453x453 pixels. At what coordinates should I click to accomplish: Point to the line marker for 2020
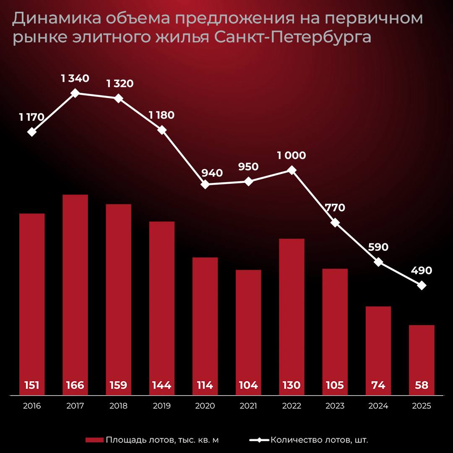[205, 184]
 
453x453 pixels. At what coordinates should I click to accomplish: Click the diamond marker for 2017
[75, 93]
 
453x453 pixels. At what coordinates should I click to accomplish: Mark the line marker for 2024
[378, 262]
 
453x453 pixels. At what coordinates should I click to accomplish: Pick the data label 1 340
[75, 78]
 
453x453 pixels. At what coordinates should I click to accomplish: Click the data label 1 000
[292, 156]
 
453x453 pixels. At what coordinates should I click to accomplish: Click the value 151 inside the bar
[32, 385]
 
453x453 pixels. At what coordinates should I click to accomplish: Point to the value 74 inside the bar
[378, 385]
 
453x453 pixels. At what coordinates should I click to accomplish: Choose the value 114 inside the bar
[205, 385]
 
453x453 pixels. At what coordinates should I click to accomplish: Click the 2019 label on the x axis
[161, 406]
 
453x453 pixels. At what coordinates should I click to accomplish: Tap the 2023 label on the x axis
[335, 406]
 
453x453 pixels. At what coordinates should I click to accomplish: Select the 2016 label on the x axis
[32, 406]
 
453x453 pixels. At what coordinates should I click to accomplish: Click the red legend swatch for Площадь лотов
[94, 440]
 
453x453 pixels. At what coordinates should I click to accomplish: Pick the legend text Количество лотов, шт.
[320, 440]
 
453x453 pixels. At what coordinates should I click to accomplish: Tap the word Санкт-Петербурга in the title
[293, 37]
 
